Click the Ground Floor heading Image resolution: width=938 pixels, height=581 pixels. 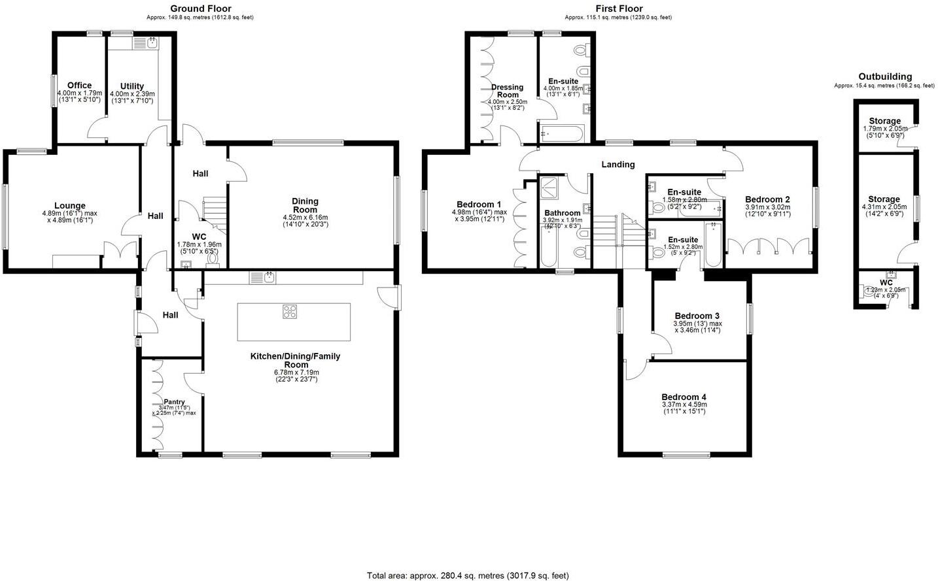pos(200,8)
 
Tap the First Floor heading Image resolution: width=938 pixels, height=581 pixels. pos(618,8)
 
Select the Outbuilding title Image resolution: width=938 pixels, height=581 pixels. pos(884,76)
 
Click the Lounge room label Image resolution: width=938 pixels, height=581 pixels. pos(69,206)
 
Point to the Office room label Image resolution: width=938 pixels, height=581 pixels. pos(79,86)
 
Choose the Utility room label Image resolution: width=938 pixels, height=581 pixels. pos(131,86)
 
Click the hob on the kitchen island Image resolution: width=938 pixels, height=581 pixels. pos(290,312)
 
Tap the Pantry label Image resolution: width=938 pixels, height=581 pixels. pos(174,402)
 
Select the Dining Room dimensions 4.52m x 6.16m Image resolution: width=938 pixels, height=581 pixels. pos(305,218)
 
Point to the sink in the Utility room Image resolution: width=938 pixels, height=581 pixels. pos(151,43)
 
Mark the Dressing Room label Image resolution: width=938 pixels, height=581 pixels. pos(507,91)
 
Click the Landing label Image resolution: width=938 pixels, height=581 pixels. pos(618,165)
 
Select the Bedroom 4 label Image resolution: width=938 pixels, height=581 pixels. pos(684,397)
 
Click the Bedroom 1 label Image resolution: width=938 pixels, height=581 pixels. pos(479,204)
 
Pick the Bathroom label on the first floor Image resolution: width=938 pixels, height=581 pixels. pos(562,213)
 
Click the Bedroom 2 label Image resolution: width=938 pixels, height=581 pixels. pos(767,199)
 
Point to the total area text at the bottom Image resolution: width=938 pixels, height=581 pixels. pos(468,576)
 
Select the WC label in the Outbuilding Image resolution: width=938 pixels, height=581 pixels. pos(886,282)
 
